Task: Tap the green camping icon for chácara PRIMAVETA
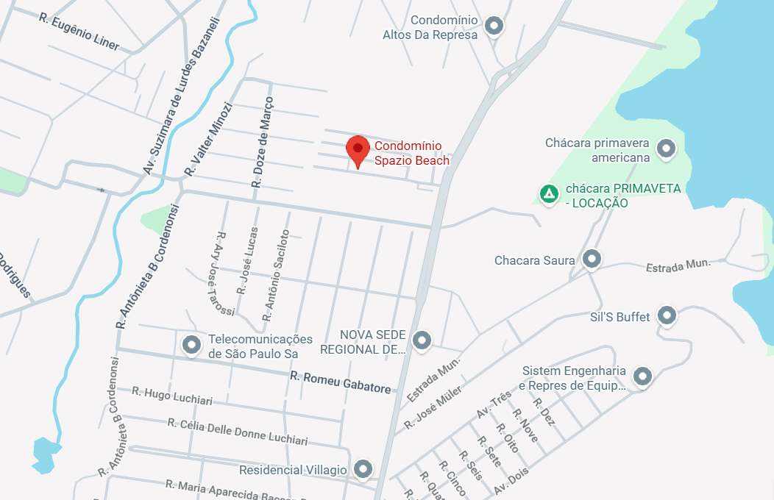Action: point(548,194)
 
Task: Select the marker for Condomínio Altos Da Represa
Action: point(495,26)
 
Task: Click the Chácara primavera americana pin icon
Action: point(667,149)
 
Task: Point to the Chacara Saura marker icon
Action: point(591,259)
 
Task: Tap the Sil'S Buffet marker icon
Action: point(667,315)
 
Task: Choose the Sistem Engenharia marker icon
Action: point(643,376)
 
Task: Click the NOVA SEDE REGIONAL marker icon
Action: point(422,340)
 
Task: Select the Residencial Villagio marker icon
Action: point(363,468)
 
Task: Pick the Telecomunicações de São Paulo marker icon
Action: point(192,344)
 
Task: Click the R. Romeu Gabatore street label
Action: point(340,382)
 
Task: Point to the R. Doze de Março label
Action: point(263,140)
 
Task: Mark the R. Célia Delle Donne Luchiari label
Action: point(237,432)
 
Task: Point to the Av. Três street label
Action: point(494,404)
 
